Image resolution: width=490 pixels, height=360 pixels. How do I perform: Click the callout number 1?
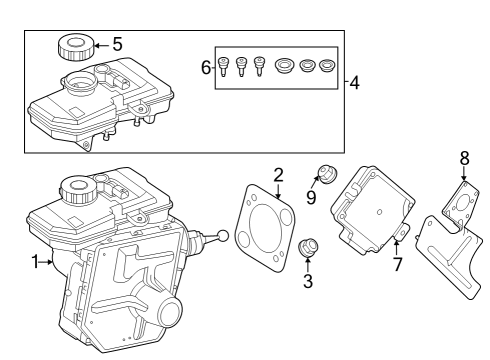[35, 263]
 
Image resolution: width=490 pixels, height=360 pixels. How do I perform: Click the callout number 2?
[279, 174]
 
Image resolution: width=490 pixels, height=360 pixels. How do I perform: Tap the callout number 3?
[308, 282]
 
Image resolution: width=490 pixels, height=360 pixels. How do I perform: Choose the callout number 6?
[207, 67]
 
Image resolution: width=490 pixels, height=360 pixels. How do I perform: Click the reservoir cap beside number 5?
[76, 47]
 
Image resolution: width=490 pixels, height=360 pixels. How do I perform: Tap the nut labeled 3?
[309, 248]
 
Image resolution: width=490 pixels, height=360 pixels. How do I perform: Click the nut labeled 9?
[326, 172]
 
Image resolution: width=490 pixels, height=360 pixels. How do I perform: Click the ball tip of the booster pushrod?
[222, 236]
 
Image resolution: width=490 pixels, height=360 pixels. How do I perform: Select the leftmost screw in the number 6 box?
[225, 67]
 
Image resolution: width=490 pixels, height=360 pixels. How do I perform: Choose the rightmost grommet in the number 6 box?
[325, 67]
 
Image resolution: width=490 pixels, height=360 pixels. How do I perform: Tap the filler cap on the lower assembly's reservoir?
[75, 185]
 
